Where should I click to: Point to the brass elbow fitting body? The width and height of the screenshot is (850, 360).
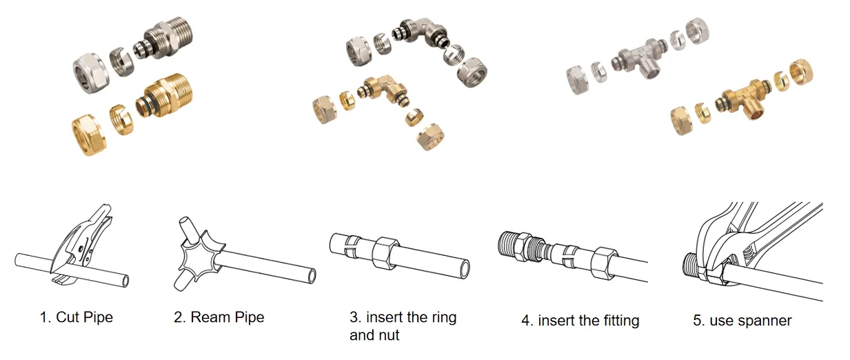378,92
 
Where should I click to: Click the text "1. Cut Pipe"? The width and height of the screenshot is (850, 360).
76,317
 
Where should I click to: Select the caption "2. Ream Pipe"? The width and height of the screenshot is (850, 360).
219,317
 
